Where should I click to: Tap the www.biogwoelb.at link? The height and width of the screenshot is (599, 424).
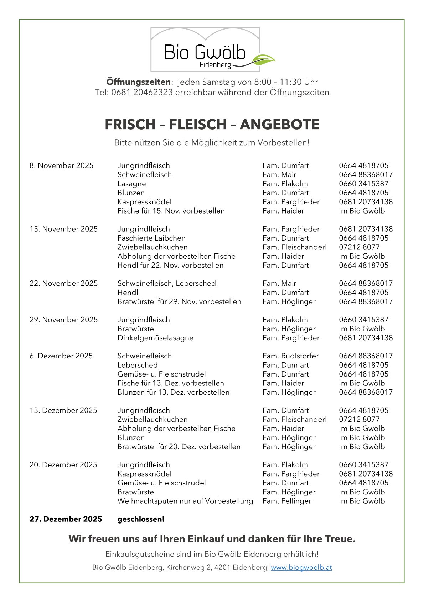pyautogui.click(x=301, y=567)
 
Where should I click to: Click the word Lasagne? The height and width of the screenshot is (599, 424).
pyautogui.click(x=131, y=184)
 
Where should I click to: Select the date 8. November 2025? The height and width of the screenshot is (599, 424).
pyautogui.click(x=61, y=165)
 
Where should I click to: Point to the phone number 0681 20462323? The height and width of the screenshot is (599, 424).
pyautogui.click(x=142, y=93)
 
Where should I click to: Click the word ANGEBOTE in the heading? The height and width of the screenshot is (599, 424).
pyautogui.click(x=279, y=125)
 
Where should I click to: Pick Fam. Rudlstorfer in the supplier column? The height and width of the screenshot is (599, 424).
pyautogui.click(x=290, y=356)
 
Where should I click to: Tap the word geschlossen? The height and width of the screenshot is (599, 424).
pyautogui.click(x=141, y=519)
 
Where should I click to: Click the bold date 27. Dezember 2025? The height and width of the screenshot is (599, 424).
pyautogui.click(x=66, y=519)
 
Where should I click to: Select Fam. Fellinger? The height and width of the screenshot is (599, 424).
pyautogui.click(x=286, y=501)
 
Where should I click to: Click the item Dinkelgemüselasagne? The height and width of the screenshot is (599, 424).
pyautogui.click(x=155, y=338)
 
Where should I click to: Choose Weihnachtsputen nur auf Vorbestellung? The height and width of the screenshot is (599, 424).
pyautogui.click(x=185, y=501)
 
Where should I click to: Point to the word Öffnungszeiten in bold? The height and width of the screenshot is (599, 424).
pyautogui.click(x=138, y=82)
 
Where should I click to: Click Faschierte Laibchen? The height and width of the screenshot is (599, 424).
pyautogui.click(x=151, y=238)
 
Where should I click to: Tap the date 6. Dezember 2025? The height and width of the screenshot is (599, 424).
pyautogui.click(x=61, y=356)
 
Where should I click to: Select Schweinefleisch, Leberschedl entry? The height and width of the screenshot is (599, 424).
pyautogui.click(x=167, y=283)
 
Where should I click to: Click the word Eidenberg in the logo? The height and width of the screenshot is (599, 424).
pyautogui.click(x=215, y=65)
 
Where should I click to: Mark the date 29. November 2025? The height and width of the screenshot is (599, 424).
pyautogui.click(x=63, y=320)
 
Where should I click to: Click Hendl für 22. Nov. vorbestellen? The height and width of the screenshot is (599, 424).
pyautogui.click(x=170, y=265)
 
